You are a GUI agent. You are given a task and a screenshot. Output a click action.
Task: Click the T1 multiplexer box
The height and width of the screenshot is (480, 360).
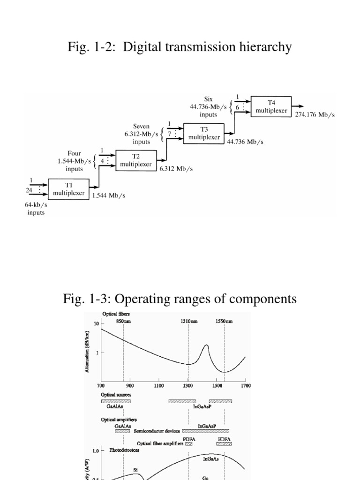(68, 188)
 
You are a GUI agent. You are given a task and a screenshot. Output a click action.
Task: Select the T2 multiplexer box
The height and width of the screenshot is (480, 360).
(135, 161)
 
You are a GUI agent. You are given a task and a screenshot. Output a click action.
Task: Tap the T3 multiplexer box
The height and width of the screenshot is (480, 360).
(203, 134)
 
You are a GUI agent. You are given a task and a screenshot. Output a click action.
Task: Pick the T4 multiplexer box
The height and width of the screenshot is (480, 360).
(271, 106)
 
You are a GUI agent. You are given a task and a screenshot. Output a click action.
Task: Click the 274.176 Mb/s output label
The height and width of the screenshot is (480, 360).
(315, 115)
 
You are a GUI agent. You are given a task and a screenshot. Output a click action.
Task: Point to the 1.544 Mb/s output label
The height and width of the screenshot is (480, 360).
(109, 196)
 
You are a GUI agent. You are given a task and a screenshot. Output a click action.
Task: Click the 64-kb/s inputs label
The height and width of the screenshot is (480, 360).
(36, 209)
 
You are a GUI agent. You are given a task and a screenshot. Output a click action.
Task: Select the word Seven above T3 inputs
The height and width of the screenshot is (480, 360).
(141, 126)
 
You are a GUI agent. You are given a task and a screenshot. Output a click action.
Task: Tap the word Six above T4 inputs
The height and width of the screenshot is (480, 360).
(209, 99)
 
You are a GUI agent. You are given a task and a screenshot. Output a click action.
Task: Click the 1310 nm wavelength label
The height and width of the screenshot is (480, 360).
(189, 321)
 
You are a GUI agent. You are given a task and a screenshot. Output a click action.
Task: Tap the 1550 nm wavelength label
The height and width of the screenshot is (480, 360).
(223, 321)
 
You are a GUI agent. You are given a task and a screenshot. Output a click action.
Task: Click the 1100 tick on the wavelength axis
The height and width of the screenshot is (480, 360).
(159, 386)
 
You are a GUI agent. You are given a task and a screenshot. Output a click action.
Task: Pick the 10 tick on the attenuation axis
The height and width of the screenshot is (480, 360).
(96, 324)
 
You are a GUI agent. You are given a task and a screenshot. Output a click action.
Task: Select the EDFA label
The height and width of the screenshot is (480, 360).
(224, 439)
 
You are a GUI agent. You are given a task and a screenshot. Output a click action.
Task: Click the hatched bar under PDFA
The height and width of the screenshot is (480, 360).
(188, 443)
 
